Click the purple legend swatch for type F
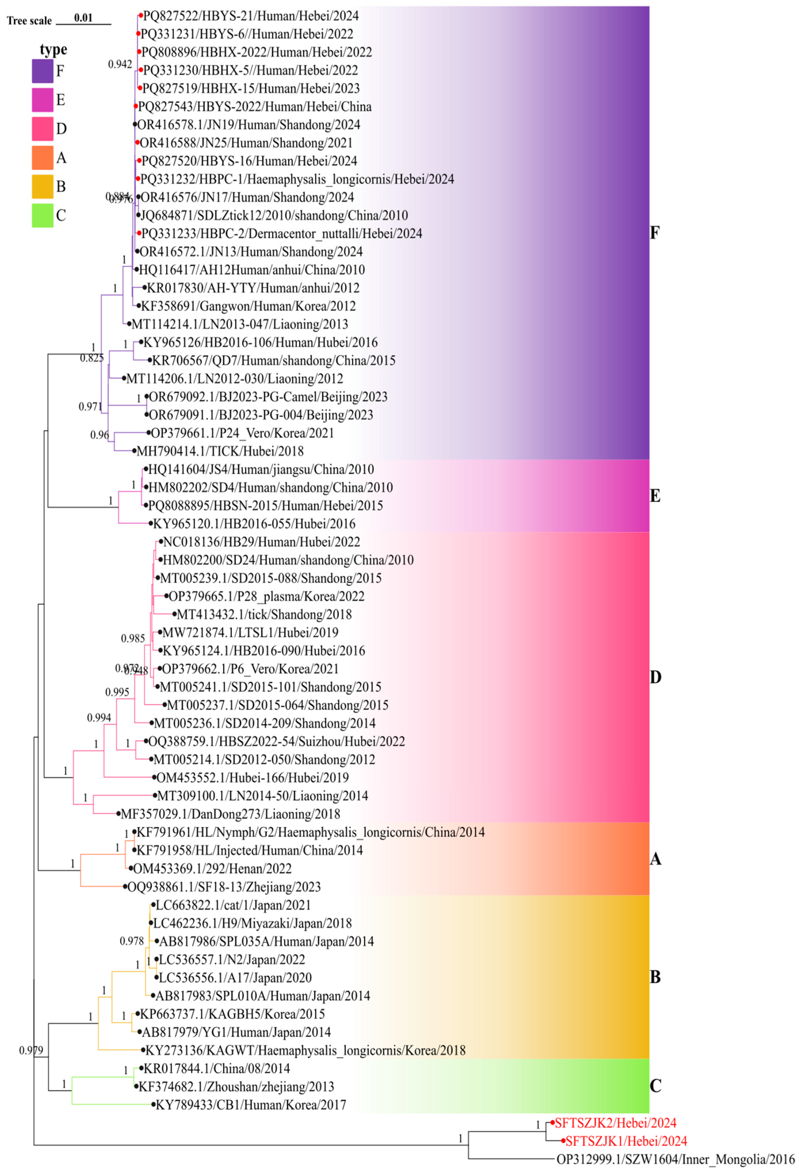[43, 71]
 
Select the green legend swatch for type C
[43, 216]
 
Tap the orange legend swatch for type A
[43, 158]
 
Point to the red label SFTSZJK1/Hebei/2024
[626, 1141]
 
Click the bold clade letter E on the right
[655, 496]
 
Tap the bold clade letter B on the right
[655, 977]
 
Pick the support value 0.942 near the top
[120, 65]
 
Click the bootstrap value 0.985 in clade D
[133, 639]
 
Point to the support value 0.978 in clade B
[132, 941]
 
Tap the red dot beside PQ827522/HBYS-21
[141, 16]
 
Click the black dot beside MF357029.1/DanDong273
[118, 814]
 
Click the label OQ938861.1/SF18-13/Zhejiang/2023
[224, 887]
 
